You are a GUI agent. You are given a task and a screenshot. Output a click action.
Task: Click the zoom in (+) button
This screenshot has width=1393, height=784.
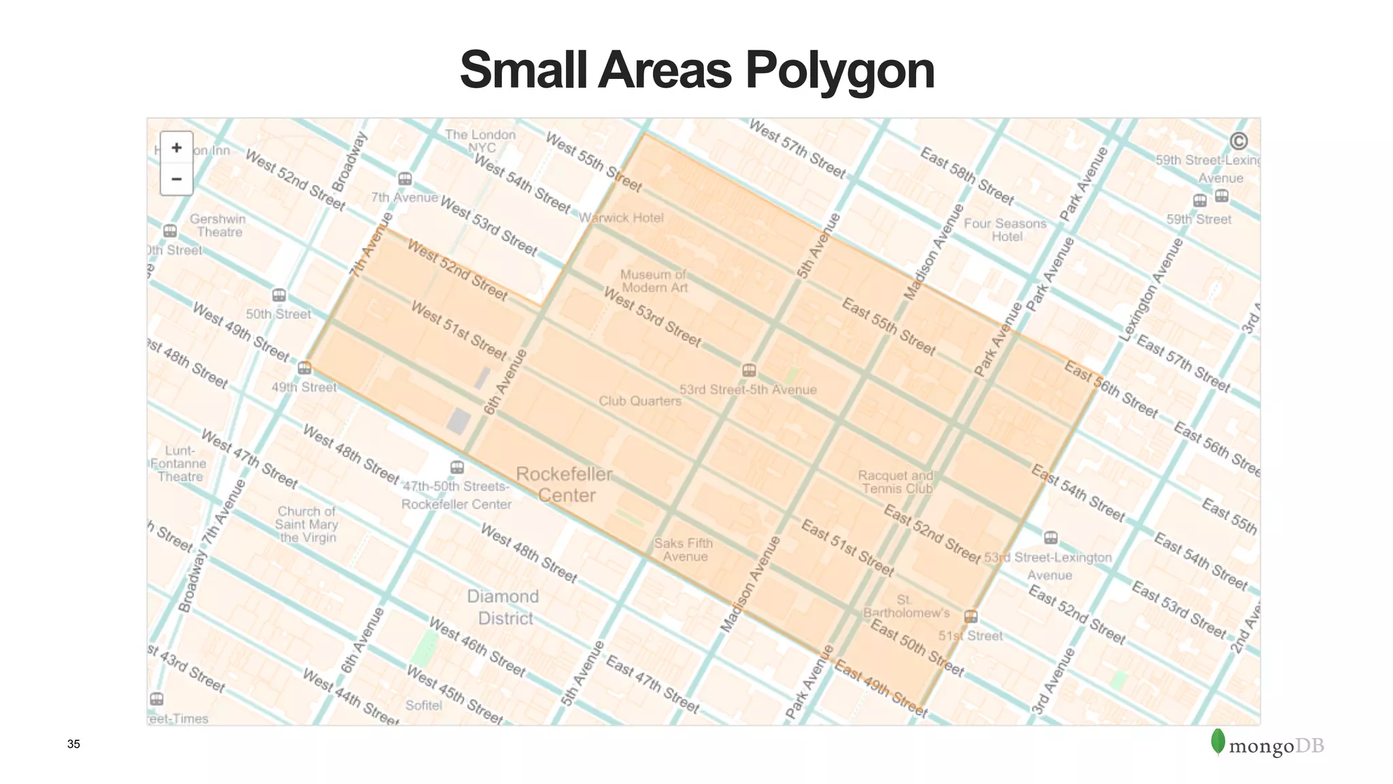point(177,148)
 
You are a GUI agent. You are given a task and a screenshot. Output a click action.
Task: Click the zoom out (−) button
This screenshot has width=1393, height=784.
point(177,180)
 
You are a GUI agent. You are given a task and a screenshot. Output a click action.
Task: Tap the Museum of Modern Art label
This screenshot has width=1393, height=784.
point(654,281)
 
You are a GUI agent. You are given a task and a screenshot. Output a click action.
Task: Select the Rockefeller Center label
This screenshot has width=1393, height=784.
point(565,485)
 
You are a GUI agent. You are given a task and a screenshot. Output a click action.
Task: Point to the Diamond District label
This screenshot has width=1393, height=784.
point(504,607)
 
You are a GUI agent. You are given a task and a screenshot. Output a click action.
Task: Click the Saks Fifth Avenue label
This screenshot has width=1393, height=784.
point(684,550)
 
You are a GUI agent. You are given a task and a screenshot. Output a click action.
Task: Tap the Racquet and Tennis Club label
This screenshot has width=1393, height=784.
point(896,482)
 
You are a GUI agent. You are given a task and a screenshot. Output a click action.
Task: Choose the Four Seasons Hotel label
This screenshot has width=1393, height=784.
point(1005,230)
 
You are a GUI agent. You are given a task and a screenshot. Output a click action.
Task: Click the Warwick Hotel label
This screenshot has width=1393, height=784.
point(621,218)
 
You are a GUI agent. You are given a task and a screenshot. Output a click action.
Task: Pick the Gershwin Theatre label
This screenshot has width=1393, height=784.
point(218,225)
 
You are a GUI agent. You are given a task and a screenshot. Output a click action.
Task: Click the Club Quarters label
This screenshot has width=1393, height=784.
point(640,401)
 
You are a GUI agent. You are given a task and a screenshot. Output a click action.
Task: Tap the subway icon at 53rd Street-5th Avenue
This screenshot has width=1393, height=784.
point(749,370)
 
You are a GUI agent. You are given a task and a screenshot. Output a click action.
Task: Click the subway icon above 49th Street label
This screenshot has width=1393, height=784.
point(305,368)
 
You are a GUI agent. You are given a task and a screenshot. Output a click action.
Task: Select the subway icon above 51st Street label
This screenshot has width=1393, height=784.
point(971,617)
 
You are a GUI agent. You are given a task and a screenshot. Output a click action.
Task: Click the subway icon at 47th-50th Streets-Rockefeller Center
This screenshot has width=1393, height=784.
point(457,468)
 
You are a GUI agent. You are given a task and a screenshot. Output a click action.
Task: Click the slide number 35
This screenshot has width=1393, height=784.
point(73,745)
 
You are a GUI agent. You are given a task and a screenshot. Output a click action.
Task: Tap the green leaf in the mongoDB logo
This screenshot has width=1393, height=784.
point(1218,742)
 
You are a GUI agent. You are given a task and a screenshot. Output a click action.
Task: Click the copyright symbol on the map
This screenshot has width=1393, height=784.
point(1239,141)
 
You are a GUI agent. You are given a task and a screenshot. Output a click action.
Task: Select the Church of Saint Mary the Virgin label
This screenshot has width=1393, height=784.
point(307,524)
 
